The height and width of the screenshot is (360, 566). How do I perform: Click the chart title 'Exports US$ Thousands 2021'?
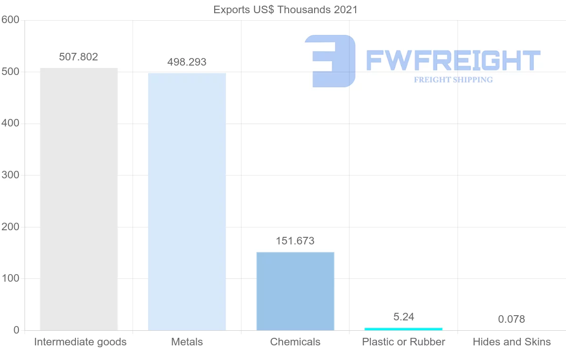285,9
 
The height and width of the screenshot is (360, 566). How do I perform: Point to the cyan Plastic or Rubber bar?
403,329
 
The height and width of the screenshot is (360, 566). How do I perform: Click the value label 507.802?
79,57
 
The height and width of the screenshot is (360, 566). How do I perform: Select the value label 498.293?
187,62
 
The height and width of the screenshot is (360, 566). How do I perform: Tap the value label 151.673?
295,241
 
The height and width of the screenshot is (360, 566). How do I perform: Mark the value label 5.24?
404,317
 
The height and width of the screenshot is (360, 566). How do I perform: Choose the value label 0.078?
512,319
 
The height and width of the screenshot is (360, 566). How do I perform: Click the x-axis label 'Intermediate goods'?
80,342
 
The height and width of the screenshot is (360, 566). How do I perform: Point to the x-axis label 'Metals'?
187,342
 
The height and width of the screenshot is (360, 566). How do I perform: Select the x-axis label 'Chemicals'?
295,342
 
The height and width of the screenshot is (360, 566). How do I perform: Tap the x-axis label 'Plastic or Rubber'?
404,342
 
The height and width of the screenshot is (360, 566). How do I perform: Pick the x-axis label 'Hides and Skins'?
512,342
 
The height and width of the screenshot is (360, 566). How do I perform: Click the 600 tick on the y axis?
10,20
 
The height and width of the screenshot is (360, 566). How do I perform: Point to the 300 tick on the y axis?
10,176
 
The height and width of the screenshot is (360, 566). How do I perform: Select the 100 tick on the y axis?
10,279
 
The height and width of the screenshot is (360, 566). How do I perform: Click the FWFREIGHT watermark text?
453,61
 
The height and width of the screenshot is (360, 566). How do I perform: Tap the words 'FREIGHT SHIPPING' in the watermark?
453,80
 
